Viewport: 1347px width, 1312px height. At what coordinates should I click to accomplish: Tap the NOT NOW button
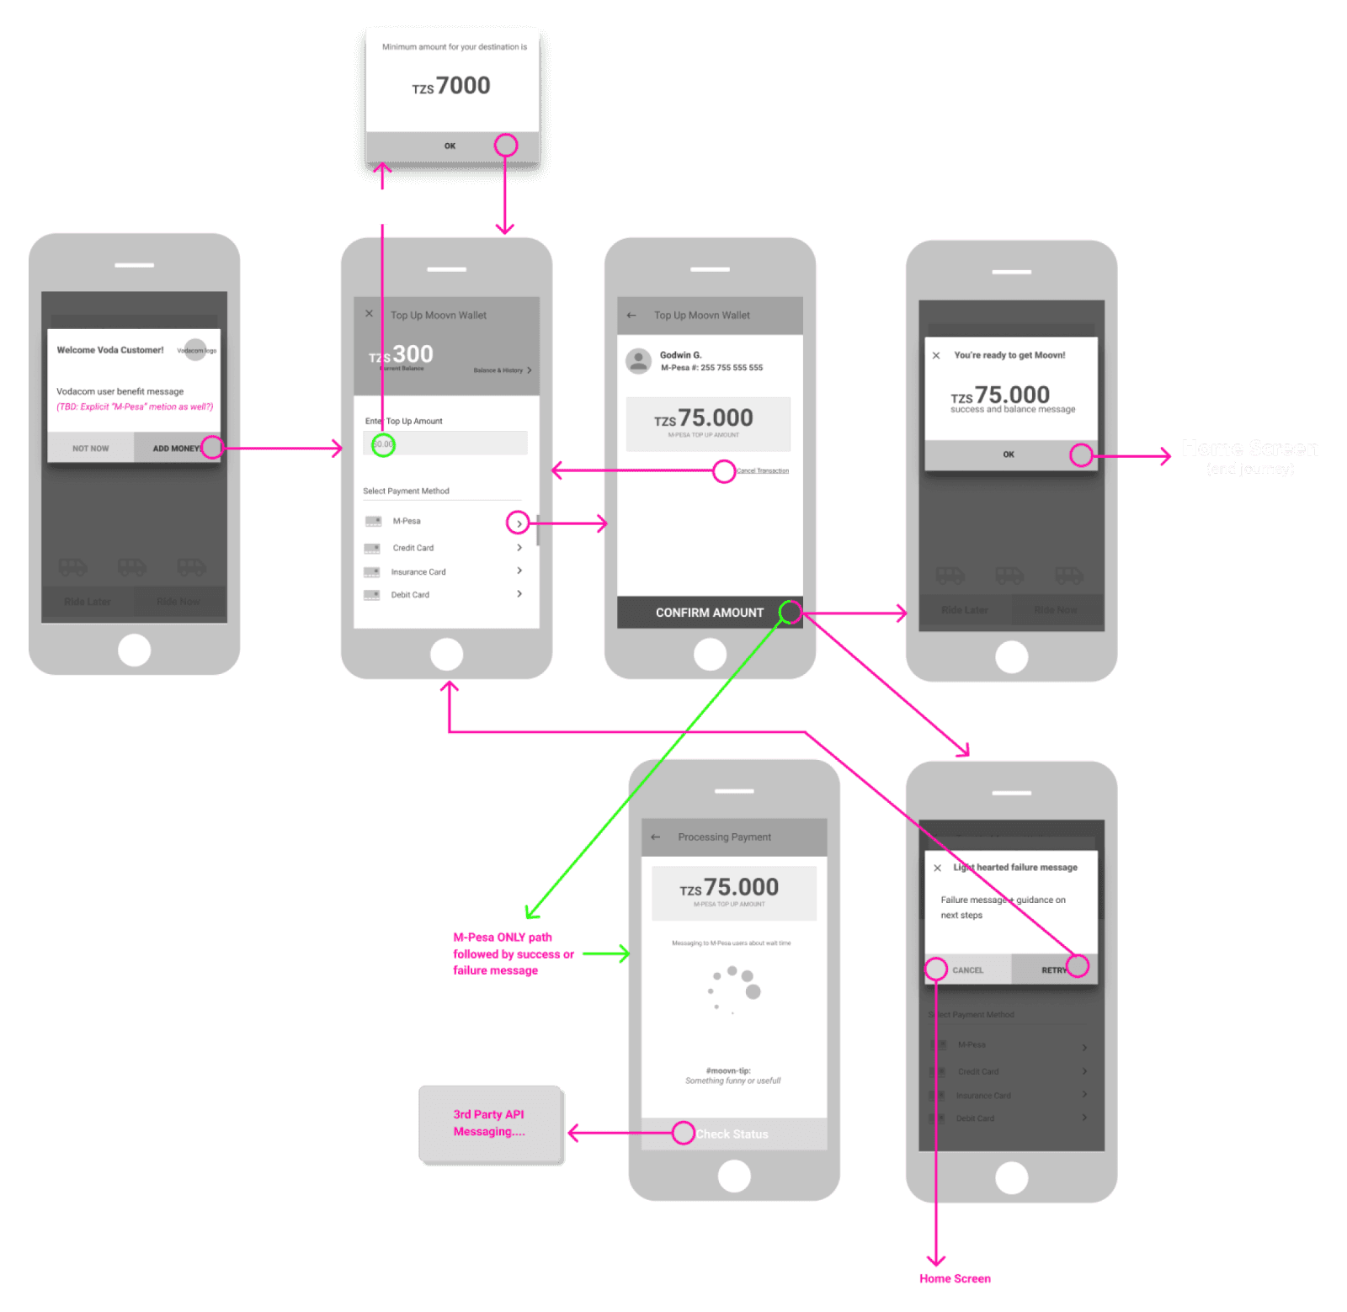click(x=90, y=448)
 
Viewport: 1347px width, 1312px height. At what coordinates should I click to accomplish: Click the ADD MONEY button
click(x=176, y=448)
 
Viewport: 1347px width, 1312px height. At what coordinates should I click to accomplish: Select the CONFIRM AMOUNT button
click(x=709, y=613)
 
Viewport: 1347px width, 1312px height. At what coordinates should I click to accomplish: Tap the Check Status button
click(x=732, y=1134)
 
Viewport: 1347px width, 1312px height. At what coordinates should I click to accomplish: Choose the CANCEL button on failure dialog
click(x=967, y=969)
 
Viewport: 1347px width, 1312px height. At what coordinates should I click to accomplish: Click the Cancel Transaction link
click(x=763, y=470)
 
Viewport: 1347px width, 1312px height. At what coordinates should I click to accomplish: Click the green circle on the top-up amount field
click(x=383, y=444)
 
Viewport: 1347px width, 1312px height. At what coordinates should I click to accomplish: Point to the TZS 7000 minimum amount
click(x=452, y=86)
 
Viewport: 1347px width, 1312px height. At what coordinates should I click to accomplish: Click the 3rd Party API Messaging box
click(x=489, y=1123)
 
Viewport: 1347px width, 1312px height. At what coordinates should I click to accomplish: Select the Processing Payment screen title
click(x=724, y=837)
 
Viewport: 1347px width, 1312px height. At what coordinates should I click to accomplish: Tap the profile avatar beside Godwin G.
click(x=639, y=361)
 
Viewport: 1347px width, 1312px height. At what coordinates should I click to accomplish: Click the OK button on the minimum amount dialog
click(x=450, y=146)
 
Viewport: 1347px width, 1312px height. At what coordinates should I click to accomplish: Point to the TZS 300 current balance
click(x=402, y=354)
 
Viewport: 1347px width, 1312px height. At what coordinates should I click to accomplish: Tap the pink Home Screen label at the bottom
click(x=955, y=1278)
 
